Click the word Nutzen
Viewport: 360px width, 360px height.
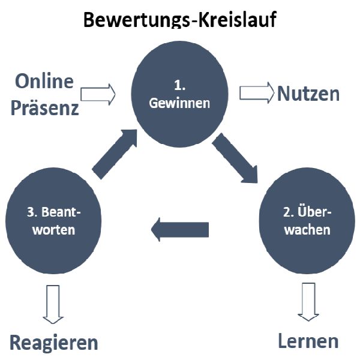(308, 94)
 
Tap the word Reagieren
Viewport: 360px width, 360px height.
(53, 343)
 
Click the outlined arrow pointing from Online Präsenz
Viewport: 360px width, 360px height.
(98, 94)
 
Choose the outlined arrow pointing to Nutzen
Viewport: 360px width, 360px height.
(257, 94)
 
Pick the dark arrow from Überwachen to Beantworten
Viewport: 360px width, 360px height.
(179, 229)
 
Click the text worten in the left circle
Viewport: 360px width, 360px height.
(49, 230)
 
